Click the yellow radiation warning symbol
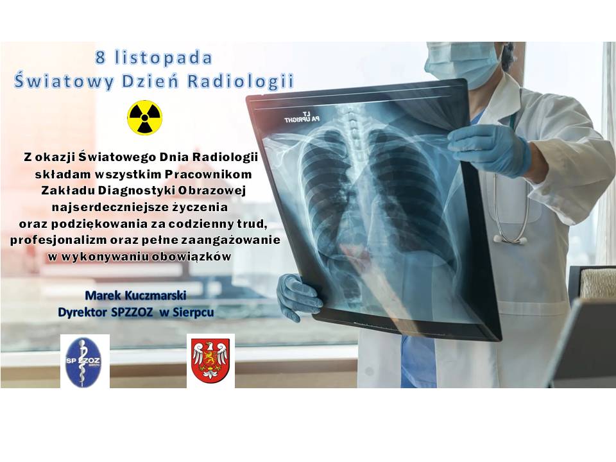145,118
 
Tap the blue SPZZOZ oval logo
85,361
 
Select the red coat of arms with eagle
210,361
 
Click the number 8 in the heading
101,58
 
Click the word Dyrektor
81,312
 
